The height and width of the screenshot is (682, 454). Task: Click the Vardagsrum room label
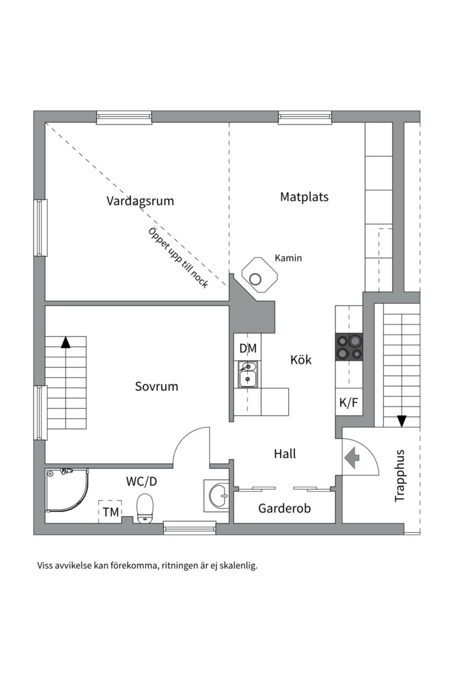point(140,201)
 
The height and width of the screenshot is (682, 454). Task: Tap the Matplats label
point(304,197)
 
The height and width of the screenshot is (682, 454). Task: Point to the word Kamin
point(288,258)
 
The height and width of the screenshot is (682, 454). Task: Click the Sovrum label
point(156,386)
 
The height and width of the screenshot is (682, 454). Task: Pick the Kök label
point(301,360)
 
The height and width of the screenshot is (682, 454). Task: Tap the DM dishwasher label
point(248,348)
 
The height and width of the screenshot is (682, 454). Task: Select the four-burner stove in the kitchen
point(349,347)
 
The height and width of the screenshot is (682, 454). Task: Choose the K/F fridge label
point(349,402)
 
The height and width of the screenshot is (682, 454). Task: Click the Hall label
point(284,453)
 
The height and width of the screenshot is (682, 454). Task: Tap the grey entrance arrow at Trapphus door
point(351,456)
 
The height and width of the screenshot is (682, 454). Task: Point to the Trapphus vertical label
point(399,476)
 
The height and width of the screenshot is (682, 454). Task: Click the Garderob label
point(284,508)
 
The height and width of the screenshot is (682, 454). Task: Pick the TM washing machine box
point(111,512)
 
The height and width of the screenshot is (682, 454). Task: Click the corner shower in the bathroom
point(66,491)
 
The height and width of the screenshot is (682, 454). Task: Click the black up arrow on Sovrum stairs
point(65,342)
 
